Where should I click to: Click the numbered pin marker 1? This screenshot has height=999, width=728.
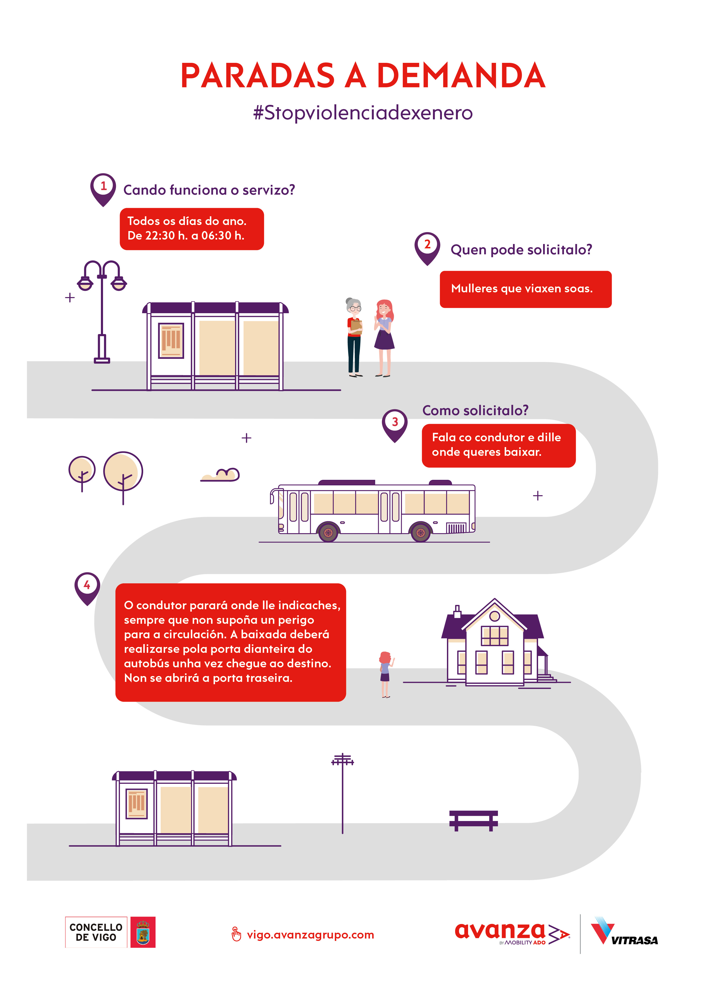click(103, 189)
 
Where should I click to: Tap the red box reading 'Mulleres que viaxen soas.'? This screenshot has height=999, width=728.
click(526, 289)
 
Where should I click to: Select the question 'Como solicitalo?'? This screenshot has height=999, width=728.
click(475, 411)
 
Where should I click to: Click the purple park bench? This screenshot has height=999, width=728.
click(474, 820)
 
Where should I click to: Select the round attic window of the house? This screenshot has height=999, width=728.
click(494, 616)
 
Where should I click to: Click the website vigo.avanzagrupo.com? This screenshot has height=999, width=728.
click(310, 934)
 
